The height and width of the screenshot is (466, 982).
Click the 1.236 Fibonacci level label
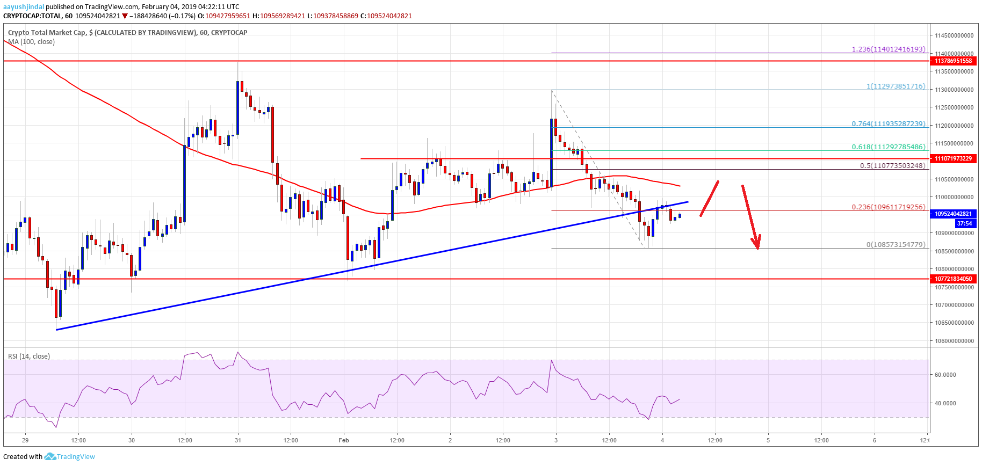(889, 49)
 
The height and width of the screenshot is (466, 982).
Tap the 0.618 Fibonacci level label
(889, 147)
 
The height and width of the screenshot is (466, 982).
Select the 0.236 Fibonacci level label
(889, 207)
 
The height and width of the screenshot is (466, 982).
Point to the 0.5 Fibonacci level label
(892, 165)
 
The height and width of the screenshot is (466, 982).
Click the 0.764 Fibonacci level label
(889, 123)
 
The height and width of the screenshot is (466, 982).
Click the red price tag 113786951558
(953, 61)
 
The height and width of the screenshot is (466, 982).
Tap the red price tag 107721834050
(953, 279)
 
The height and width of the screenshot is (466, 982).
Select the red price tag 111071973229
(953, 158)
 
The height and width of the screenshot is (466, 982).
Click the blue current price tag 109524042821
(953, 214)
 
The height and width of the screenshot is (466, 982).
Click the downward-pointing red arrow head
(757, 244)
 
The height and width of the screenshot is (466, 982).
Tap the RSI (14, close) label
(29, 356)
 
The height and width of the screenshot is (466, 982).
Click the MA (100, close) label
(31, 42)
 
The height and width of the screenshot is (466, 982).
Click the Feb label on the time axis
(344, 440)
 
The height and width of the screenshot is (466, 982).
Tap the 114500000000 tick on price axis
(954, 35)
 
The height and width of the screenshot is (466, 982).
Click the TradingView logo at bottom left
(70, 457)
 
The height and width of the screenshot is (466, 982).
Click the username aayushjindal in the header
(24, 7)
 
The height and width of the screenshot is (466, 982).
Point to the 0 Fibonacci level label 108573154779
(896, 244)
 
